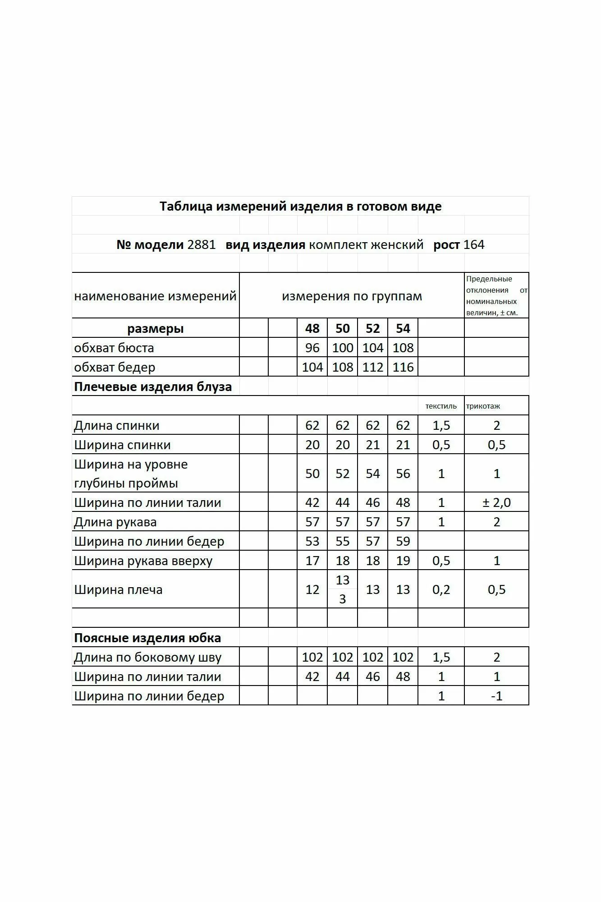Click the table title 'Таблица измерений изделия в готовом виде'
coord(300,207)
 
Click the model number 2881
coord(202,245)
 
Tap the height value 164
coord(474,245)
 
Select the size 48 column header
coord(312,328)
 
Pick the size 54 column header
coord(403,328)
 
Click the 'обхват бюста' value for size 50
coord(342,348)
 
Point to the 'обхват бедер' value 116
coord(403,367)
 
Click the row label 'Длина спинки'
coord(117,425)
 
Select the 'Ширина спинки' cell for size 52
coord(372,445)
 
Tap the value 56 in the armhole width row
coord(403,474)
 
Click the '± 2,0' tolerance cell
coord(496,502)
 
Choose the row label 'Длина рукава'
coord(115,522)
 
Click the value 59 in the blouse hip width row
coord(403,541)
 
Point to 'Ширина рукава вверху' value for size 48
coord(312,561)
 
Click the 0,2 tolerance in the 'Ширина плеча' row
coord(441,589)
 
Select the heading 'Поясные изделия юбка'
coord(147,638)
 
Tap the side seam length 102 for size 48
coord(312,657)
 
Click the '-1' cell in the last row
coord(496,696)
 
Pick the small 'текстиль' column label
coord(441,406)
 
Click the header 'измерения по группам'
coord(352,296)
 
